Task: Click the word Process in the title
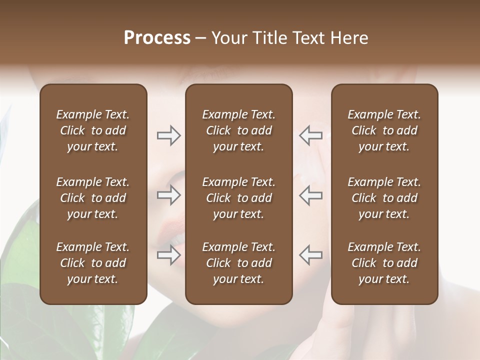(x=157, y=38)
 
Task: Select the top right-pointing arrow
(x=168, y=135)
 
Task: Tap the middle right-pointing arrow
(x=168, y=195)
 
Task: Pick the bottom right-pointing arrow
(x=168, y=255)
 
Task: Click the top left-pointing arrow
(x=311, y=135)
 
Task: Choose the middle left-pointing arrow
(x=311, y=195)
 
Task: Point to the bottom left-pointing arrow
(x=311, y=255)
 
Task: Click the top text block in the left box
(x=93, y=130)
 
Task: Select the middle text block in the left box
(x=93, y=198)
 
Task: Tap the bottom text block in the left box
(x=93, y=263)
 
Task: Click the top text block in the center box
(x=238, y=130)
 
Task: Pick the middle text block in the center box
(x=238, y=198)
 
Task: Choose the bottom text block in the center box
(x=238, y=263)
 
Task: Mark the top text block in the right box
(x=384, y=130)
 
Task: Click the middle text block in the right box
(x=384, y=198)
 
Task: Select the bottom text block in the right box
(x=384, y=263)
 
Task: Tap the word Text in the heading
(x=307, y=38)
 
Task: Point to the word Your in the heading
(x=230, y=38)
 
